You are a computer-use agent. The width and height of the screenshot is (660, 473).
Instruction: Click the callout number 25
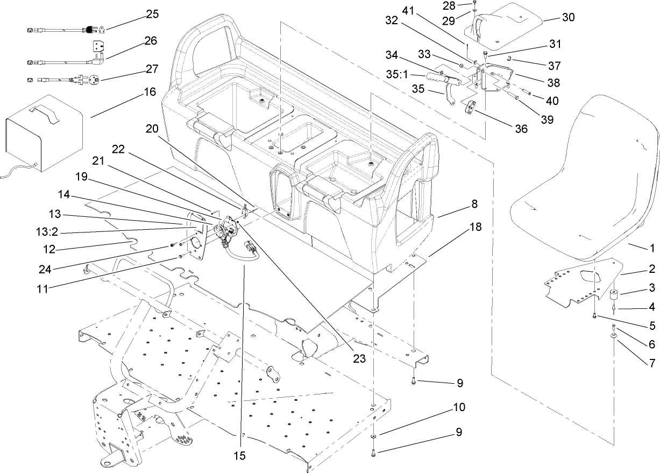tap(153, 15)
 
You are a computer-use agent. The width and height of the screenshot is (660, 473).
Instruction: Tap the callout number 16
tap(150, 92)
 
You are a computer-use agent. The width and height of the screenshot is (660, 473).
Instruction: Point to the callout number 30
tap(568, 17)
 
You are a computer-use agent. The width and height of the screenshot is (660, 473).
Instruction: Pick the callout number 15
tap(239, 455)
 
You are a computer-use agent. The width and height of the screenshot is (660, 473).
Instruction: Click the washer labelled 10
tap(374, 435)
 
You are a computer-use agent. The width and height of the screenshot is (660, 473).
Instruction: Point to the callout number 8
tap(474, 204)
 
